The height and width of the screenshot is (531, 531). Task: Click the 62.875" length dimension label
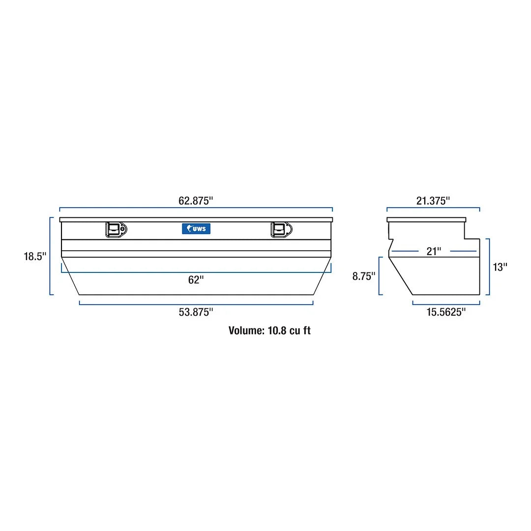(x=196, y=201)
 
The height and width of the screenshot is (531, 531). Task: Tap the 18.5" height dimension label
(x=35, y=256)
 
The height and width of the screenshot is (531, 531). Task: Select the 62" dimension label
(x=196, y=280)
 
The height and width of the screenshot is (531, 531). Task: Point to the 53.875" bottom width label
(x=196, y=312)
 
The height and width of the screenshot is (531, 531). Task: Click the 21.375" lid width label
(x=433, y=201)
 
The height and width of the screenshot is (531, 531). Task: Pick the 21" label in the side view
(x=434, y=251)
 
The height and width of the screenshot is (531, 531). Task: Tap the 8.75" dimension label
(x=364, y=276)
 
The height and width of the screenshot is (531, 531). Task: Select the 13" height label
(x=500, y=267)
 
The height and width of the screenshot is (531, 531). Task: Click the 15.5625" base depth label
(x=446, y=312)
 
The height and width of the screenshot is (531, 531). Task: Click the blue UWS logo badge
(x=196, y=229)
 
